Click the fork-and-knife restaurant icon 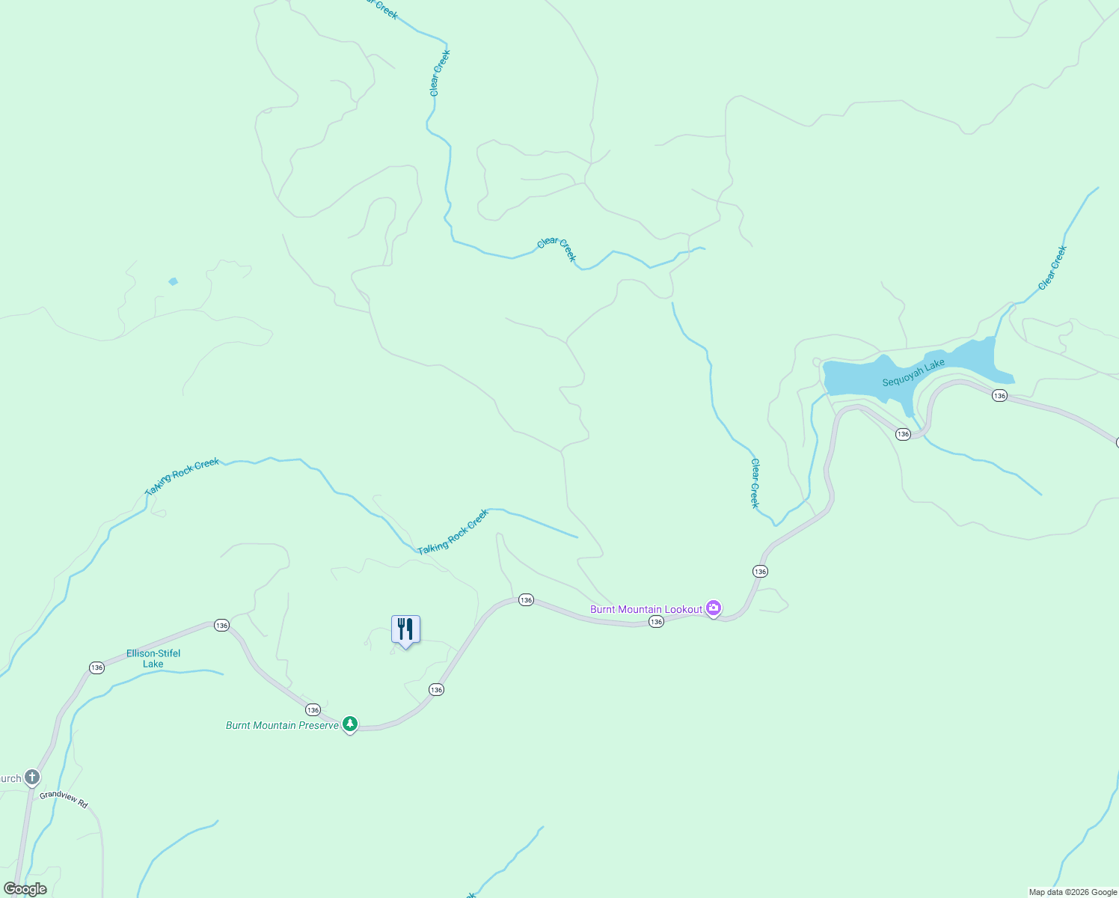tap(405, 629)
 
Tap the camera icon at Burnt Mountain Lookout tap(714, 608)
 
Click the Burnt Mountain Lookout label tap(646, 609)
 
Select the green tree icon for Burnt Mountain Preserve tap(349, 724)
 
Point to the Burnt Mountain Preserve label tap(282, 725)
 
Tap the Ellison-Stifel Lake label tap(153, 659)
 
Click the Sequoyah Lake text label tap(913, 373)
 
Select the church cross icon tap(31, 777)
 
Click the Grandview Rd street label tap(64, 799)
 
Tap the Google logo tap(25, 889)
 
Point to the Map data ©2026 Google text tap(1073, 892)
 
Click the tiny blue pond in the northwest tap(173, 281)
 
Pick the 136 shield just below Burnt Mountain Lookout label tap(656, 622)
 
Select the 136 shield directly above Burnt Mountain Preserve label tap(313, 709)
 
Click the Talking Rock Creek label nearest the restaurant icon tap(453, 532)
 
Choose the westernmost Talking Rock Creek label tap(183, 476)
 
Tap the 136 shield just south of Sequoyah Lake tap(903, 434)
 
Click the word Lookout tap(682, 609)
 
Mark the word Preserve tap(319, 725)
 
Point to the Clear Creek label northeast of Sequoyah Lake tap(1052, 268)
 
